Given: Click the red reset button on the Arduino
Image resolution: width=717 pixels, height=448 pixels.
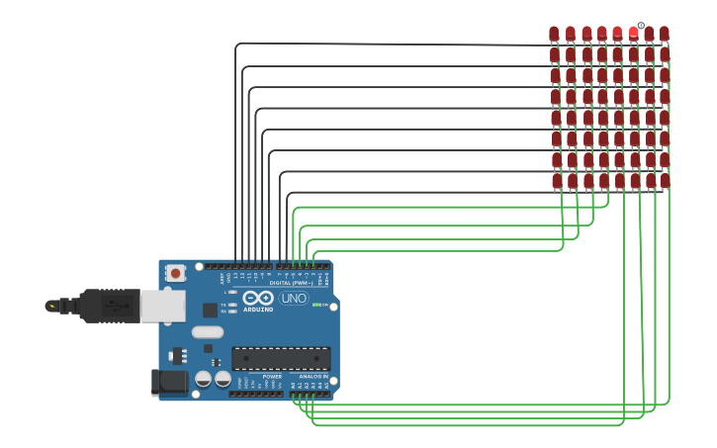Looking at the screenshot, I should point(175,273).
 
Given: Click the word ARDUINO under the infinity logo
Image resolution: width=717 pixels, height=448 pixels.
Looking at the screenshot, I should point(258,309).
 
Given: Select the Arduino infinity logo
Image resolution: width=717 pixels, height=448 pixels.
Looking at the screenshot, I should point(258,298).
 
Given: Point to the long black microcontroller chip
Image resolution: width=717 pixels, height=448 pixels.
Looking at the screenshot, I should point(281,358).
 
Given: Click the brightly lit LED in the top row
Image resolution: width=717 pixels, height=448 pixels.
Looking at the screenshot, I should point(633,33).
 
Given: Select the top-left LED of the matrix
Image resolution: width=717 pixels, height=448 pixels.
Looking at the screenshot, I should point(554,34).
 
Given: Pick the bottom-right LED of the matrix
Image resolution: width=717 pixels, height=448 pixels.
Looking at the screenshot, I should point(665,181).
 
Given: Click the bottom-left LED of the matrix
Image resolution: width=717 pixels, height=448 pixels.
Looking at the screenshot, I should point(556,181).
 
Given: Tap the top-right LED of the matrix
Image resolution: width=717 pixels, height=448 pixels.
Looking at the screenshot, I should point(665,34).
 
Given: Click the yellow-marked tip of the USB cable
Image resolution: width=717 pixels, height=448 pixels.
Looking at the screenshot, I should point(50,306).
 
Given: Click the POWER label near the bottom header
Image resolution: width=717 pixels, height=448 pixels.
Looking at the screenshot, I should point(272,377).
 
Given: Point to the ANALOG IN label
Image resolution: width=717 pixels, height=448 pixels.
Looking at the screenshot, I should point(313,377).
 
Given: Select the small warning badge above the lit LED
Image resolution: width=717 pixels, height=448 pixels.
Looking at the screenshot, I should point(641,26).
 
